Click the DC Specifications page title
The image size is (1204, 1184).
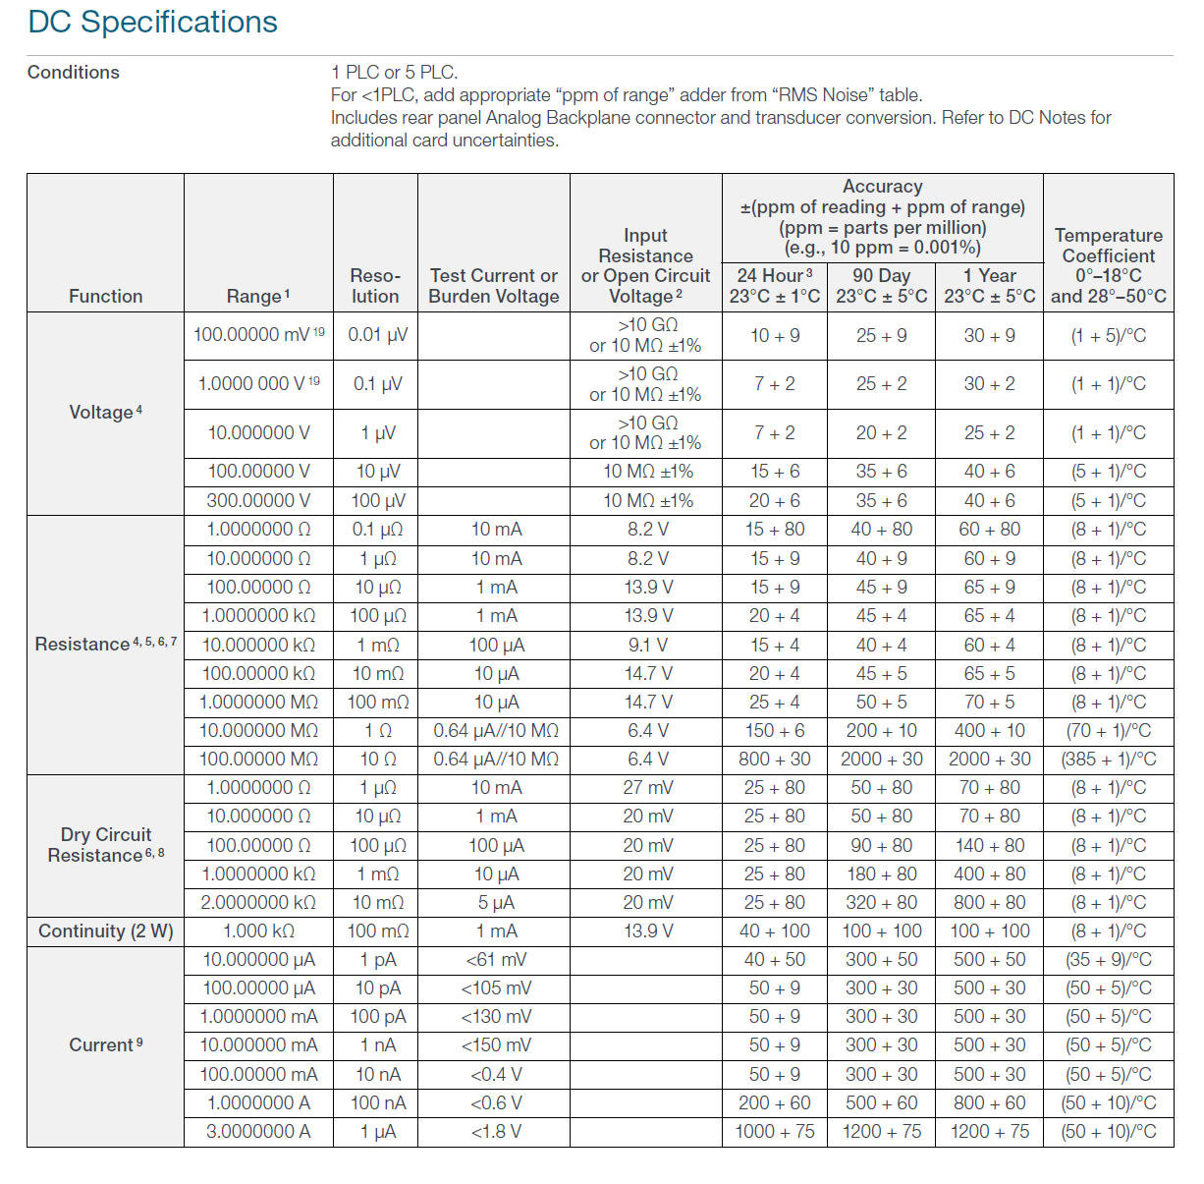(x=152, y=22)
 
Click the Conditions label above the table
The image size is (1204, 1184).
(x=74, y=72)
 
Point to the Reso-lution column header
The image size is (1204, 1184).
(x=375, y=286)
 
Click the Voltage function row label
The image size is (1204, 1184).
(x=105, y=412)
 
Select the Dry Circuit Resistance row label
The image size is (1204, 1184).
(x=105, y=845)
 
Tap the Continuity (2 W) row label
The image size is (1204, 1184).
(x=105, y=930)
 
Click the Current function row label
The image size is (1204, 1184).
(x=105, y=1044)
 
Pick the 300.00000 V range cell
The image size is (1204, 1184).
(x=258, y=500)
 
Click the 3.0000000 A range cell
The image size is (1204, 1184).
(x=258, y=1131)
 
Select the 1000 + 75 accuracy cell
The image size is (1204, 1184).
(x=775, y=1131)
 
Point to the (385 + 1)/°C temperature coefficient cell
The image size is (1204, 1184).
(x=1108, y=759)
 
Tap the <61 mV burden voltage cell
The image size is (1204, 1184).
(x=495, y=959)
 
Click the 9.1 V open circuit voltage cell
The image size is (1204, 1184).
(x=647, y=645)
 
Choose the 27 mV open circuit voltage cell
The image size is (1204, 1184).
(x=647, y=787)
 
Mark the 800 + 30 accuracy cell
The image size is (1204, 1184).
(x=775, y=759)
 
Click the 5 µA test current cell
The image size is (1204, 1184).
(x=495, y=902)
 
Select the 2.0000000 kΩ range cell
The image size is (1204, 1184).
(x=258, y=902)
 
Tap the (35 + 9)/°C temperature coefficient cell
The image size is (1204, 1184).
(x=1108, y=959)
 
